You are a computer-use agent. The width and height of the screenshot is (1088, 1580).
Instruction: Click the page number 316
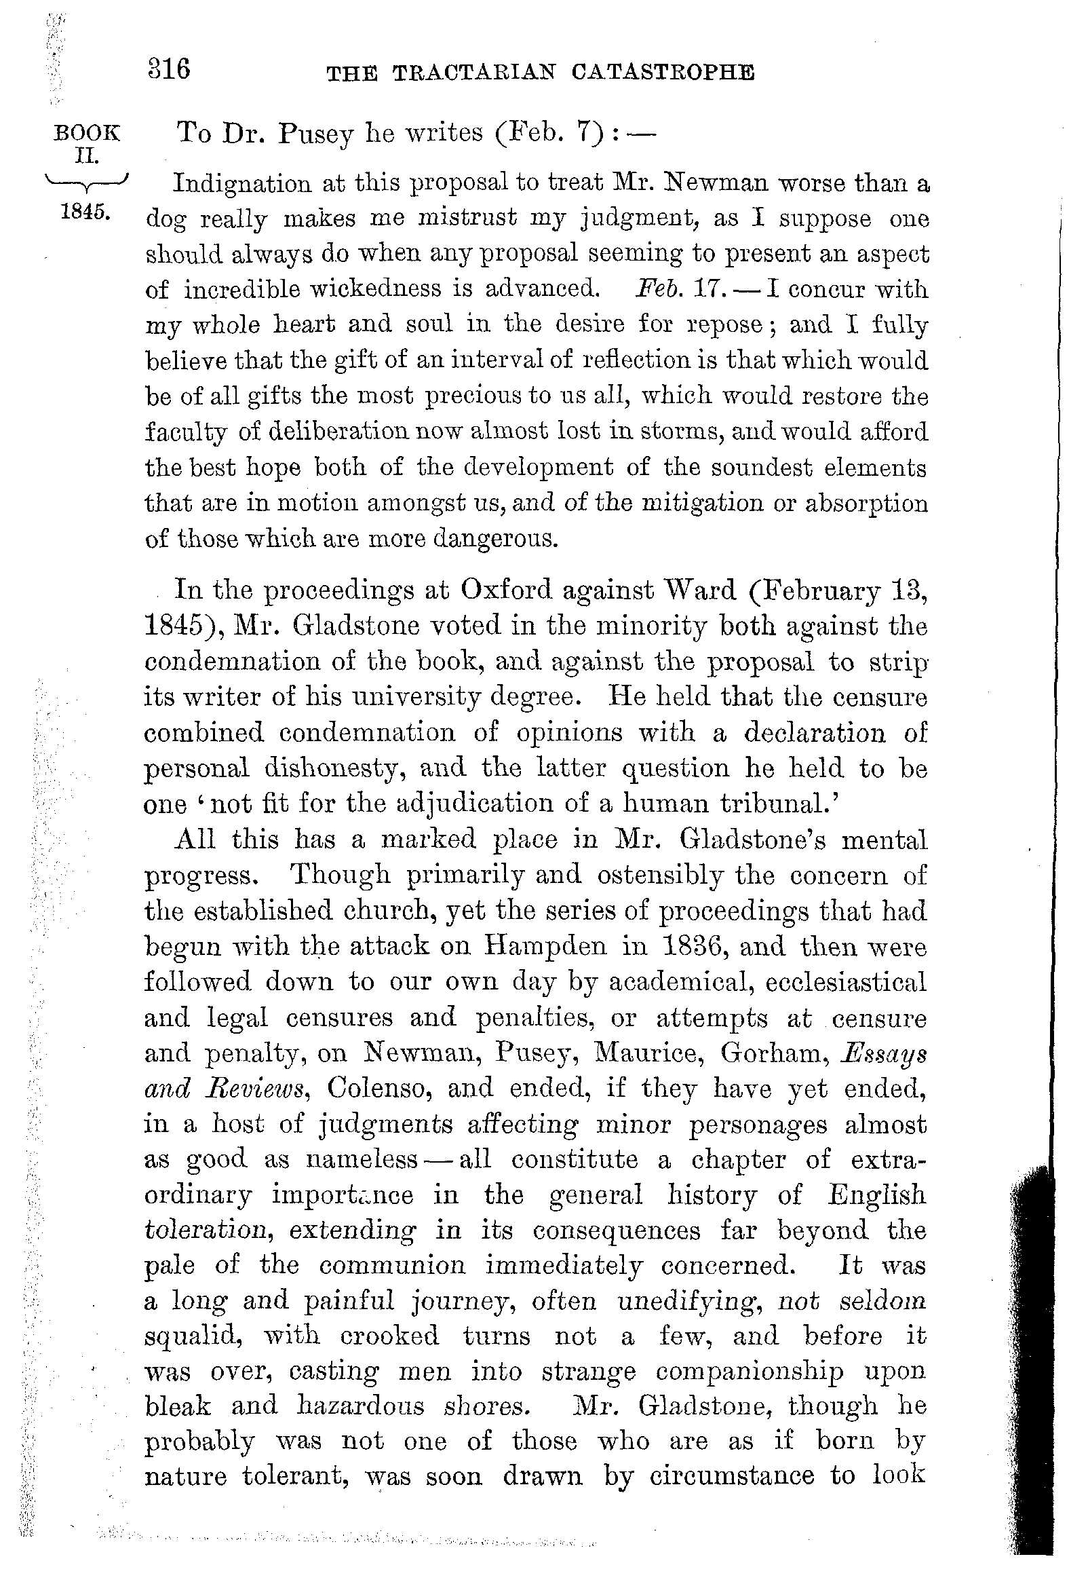[x=169, y=70]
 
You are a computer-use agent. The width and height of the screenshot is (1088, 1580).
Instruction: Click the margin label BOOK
[x=87, y=133]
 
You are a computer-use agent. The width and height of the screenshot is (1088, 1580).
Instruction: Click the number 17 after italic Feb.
[x=703, y=289]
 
